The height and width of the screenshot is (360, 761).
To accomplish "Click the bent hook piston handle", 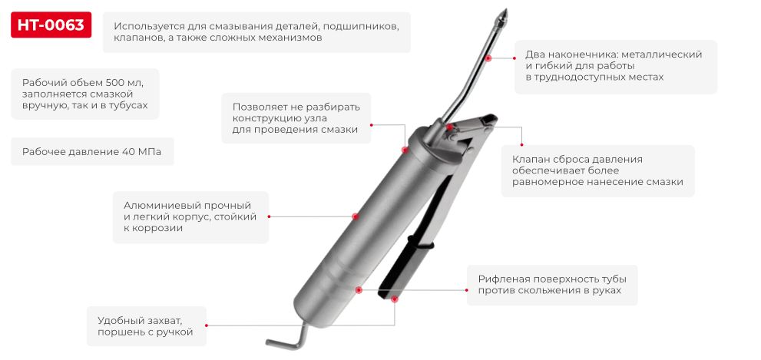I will [x=284, y=339].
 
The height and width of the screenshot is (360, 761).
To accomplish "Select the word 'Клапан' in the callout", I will [x=531, y=159].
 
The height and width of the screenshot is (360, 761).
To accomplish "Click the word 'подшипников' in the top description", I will [x=362, y=25].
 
